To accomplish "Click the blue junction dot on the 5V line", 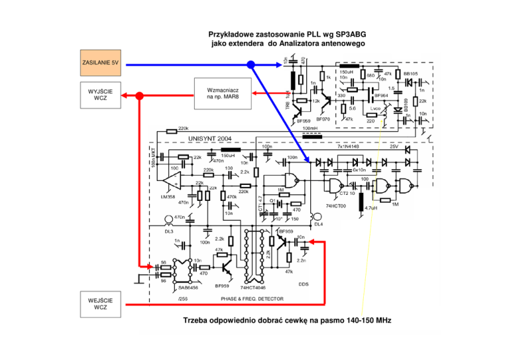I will coord(251,64).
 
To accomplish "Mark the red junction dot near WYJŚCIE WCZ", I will coord(140,95).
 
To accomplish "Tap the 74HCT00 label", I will coord(337,206).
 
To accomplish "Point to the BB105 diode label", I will coord(411,74).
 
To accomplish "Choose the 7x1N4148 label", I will coord(348,147).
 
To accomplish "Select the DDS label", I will coord(304,284).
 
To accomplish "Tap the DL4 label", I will coord(318,223).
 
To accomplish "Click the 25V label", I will coord(394,147).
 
